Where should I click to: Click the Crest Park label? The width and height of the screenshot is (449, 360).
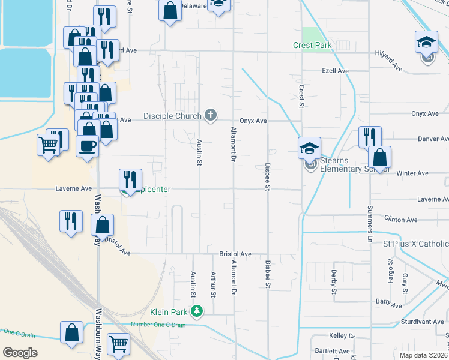(312, 45)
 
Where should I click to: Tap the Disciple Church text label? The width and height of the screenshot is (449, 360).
(173, 115)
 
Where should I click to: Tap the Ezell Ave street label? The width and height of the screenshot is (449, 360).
(335, 71)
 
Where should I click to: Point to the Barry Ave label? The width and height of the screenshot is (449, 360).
(388, 305)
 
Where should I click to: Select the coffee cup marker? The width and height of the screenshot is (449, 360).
(88, 146)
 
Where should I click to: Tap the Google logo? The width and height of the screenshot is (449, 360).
(20, 352)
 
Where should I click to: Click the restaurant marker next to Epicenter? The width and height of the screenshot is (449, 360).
(130, 180)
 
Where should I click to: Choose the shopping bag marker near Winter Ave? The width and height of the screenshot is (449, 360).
(379, 158)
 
